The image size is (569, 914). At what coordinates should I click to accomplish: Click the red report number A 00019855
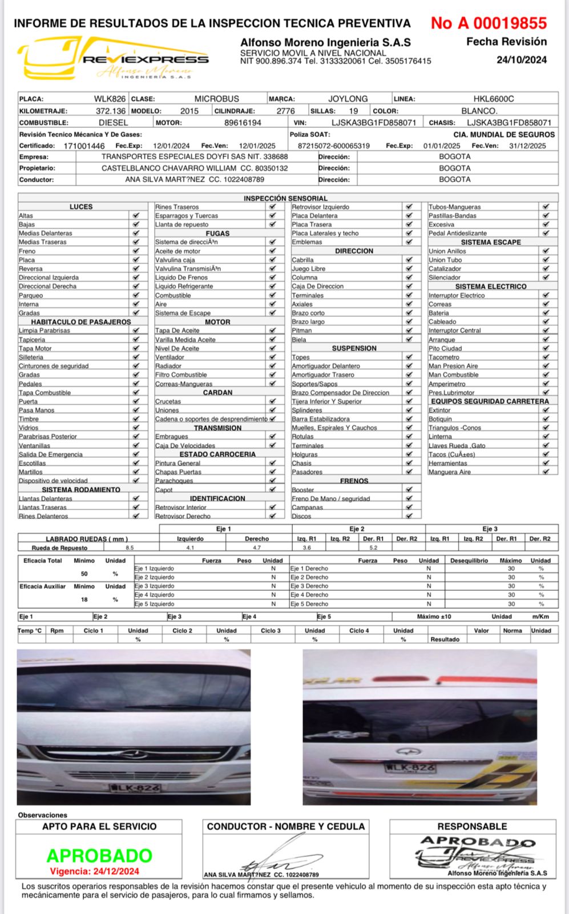(489, 23)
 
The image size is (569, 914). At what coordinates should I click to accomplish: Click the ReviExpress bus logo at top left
(114, 58)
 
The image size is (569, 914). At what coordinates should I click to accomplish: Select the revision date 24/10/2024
(521, 60)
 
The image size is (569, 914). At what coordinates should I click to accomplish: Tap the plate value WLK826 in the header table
(110, 99)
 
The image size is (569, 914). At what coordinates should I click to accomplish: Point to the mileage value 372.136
(110, 111)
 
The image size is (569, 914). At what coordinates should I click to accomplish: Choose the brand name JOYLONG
(348, 99)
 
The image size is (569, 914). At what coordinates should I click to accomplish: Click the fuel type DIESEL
(113, 123)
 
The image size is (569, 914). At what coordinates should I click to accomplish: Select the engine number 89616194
(243, 123)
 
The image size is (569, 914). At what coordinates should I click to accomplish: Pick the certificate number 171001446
(84, 146)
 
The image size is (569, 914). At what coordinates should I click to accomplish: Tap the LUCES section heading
(81, 207)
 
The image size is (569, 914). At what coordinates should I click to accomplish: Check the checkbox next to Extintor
(546, 410)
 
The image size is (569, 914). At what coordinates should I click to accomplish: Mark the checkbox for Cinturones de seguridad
(136, 366)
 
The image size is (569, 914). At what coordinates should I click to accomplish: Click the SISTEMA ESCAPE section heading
(491, 242)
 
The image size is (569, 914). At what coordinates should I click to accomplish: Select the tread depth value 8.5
(130, 547)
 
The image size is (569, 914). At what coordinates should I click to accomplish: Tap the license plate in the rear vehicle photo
(410, 768)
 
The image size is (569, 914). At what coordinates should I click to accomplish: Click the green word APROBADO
(99, 855)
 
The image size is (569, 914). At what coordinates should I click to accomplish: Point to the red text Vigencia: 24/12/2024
(95, 871)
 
